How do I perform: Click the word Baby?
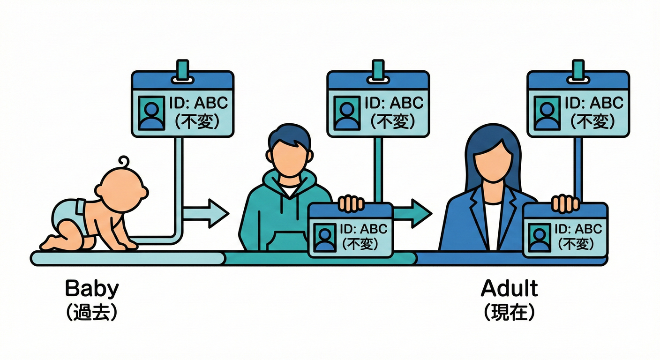91,289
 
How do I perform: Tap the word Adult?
509,288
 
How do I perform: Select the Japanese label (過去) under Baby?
91,312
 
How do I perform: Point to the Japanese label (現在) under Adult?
509,312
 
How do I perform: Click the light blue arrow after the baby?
206,213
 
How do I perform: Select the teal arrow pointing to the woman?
412,213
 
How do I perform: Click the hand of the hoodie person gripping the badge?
351,203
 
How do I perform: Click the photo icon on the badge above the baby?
152,113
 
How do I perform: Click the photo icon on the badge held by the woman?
540,238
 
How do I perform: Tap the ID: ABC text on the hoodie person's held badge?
364,229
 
